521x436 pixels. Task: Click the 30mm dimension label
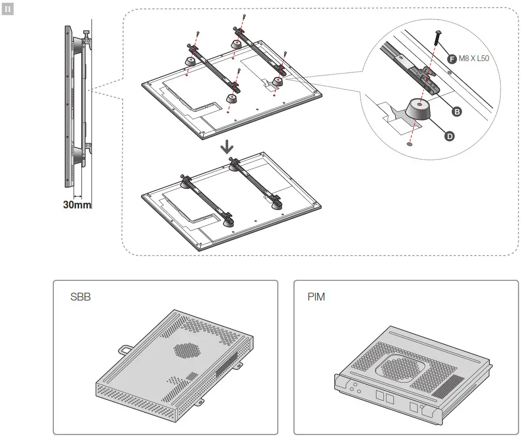pos(77,204)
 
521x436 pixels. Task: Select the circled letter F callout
pos(451,59)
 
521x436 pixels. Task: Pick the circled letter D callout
pos(450,136)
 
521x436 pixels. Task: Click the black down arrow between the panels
pos(227,148)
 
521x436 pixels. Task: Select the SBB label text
pos(80,298)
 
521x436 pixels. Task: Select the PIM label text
pos(316,298)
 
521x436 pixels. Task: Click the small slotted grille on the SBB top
pos(191,376)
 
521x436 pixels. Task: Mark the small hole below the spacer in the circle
pos(410,146)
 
